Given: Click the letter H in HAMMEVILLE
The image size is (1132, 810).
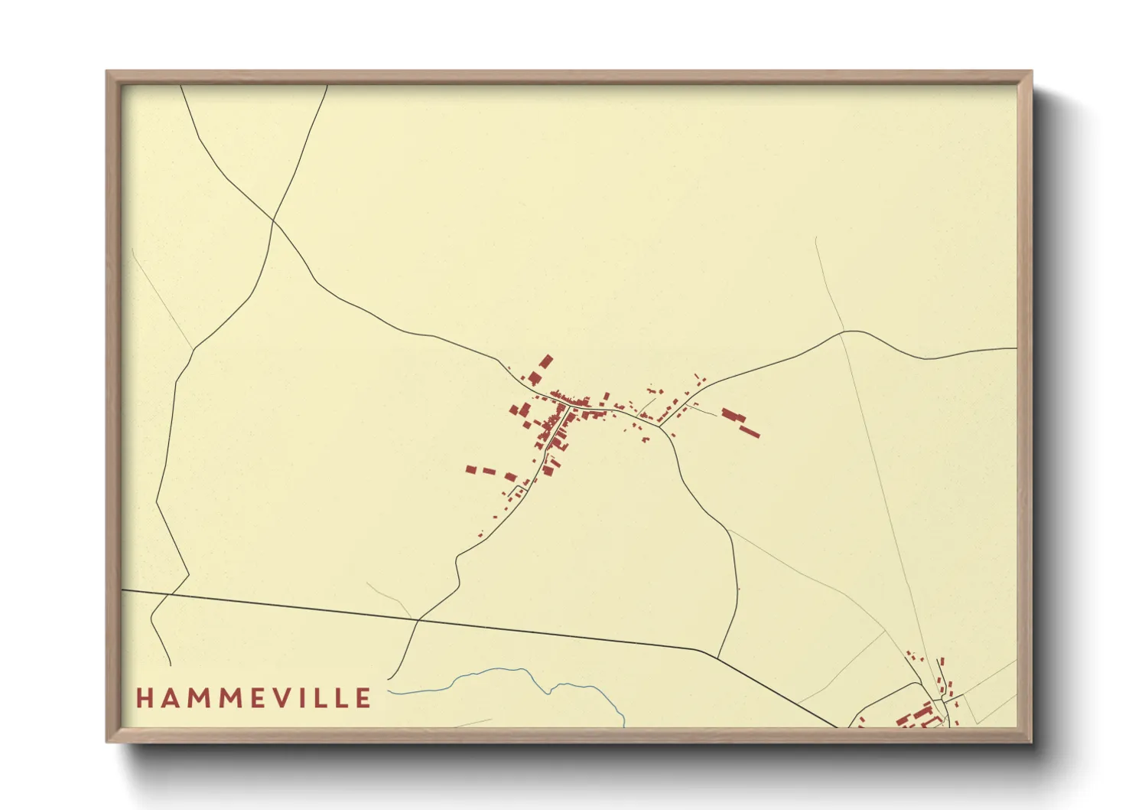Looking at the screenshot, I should [x=144, y=698].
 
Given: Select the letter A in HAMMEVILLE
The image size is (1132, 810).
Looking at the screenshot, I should [x=169, y=698].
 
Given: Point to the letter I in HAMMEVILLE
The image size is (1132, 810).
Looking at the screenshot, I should [x=309, y=698].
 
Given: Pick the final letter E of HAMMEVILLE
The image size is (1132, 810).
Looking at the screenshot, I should [x=363, y=698].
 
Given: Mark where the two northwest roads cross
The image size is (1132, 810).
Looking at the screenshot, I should [x=274, y=221].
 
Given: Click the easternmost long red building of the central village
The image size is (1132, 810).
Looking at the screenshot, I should [x=749, y=432].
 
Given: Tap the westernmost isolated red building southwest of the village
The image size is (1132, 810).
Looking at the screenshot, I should [x=471, y=469].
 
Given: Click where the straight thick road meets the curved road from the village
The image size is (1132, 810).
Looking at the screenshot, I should [x=717, y=656].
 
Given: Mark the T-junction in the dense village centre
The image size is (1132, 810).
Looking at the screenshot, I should [x=568, y=404].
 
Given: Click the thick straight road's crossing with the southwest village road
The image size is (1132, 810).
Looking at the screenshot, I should [x=418, y=619].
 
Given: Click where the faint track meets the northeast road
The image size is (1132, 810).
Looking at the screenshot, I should [x=841, y=332].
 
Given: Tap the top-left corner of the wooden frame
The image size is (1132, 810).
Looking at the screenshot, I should [x=107, y=72].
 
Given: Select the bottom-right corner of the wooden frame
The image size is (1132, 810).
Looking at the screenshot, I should [x=1031, y=741].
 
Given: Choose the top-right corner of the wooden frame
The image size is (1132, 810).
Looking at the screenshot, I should [x=1031, y=72].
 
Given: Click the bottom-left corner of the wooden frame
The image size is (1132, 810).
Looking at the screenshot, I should [x=107, y=741].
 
